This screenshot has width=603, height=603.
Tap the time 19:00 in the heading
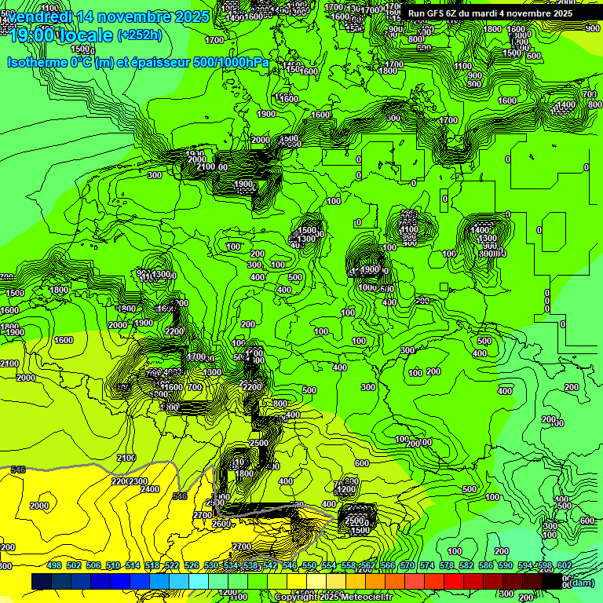click(x=32, y=35)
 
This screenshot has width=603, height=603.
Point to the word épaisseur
click(x=164, y=63)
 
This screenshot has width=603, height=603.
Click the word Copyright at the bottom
click(x=297, y=597)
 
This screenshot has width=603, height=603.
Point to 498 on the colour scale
click(x=54, y=565)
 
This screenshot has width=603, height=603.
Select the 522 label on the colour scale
click(x=172, y=565)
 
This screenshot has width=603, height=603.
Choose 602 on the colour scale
click(x=565, y=565)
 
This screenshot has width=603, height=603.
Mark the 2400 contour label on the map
click(x=148, y=489)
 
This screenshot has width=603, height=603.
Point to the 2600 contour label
click(x=221, y=524)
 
